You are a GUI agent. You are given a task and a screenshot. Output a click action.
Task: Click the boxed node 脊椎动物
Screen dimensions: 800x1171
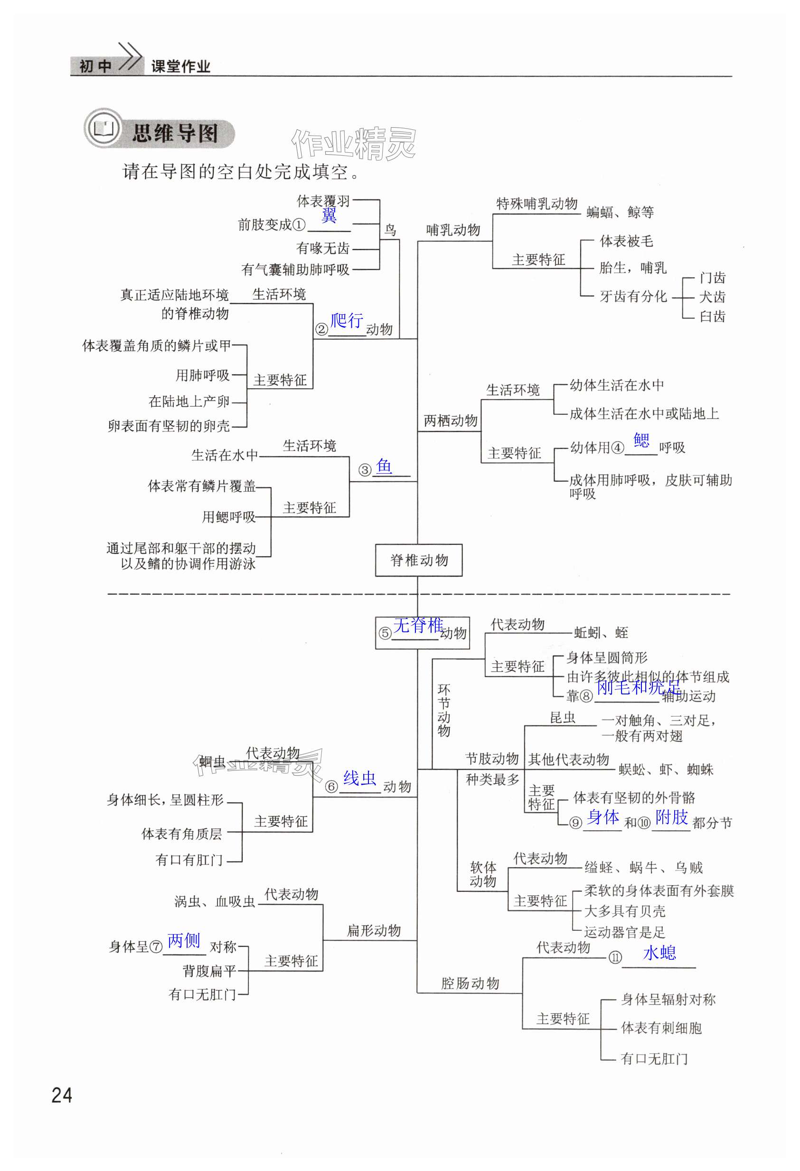(418, 560)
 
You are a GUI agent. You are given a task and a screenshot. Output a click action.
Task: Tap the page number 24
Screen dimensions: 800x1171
(62, 1096)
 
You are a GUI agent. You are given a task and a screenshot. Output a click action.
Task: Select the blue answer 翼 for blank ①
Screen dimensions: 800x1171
(329, 215)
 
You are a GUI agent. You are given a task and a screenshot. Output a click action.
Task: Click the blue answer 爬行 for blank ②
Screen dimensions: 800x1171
(347, 320)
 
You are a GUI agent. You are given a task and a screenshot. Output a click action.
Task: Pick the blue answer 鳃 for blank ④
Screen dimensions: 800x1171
(641, 440)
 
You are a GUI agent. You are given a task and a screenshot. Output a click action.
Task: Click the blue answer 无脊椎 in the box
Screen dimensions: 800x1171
(418, 625)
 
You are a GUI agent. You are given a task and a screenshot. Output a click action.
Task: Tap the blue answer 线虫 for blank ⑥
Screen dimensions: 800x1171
(359, 778)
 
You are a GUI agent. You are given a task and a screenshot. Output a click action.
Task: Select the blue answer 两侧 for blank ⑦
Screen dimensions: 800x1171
(184, 940)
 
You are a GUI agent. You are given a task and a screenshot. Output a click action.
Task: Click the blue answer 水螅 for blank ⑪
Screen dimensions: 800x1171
(659, 953)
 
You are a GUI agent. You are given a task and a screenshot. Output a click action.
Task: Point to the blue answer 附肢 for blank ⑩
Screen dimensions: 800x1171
(671, 817)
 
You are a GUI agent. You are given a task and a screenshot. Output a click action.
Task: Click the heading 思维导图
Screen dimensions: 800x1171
(175, 134)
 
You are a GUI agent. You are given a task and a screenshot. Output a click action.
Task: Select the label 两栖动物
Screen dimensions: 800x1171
(450, 420)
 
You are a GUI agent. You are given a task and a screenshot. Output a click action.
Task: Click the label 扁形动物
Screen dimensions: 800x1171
(374, 931)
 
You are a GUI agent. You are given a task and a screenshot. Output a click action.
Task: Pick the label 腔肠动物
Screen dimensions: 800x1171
(470, 983)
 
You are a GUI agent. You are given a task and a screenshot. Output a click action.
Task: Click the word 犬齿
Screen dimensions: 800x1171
(712, 297)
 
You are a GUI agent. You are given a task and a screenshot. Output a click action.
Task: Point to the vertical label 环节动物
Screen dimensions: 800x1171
(443, 710)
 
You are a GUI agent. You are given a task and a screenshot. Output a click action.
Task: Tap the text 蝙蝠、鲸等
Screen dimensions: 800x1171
(620, 212)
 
